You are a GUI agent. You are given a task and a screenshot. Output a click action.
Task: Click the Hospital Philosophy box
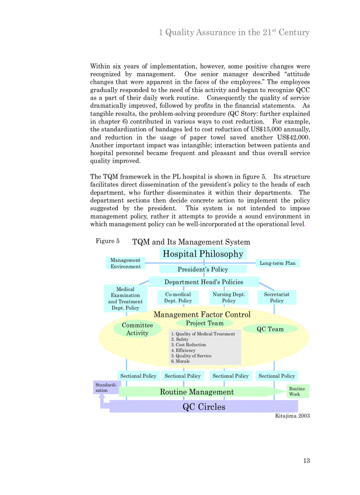point(202,254)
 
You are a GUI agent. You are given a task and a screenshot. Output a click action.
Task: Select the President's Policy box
point(202,269)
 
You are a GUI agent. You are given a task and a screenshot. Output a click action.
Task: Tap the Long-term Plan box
point(277,263)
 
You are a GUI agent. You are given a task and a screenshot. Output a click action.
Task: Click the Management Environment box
point(125,263)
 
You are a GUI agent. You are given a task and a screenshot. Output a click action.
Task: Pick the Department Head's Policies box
point(203,282)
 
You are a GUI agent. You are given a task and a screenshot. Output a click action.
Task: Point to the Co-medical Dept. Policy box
point(178,298)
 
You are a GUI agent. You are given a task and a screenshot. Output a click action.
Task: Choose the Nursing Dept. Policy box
point(229,298)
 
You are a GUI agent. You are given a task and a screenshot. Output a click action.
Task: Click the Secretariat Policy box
point(277,298)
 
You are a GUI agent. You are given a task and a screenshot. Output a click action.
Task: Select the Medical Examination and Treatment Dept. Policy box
point(125,299)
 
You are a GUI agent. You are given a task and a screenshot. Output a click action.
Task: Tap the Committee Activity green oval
point(137,329)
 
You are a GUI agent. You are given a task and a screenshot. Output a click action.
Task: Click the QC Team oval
point(270,329)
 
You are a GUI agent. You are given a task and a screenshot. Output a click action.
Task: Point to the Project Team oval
point(204,323)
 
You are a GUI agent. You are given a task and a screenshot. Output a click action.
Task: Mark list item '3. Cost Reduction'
point(188,345)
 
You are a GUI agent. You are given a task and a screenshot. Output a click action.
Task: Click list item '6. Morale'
point(180,361)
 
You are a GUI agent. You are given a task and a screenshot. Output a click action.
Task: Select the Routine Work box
point(297,391)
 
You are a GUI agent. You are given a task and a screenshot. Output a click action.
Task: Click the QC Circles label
point(204,407)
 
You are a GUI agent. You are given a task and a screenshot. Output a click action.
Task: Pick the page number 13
point(306,461)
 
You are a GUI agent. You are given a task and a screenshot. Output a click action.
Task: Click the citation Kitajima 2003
point(292,416)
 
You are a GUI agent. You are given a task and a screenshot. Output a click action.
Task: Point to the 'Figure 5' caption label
point(108,241)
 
